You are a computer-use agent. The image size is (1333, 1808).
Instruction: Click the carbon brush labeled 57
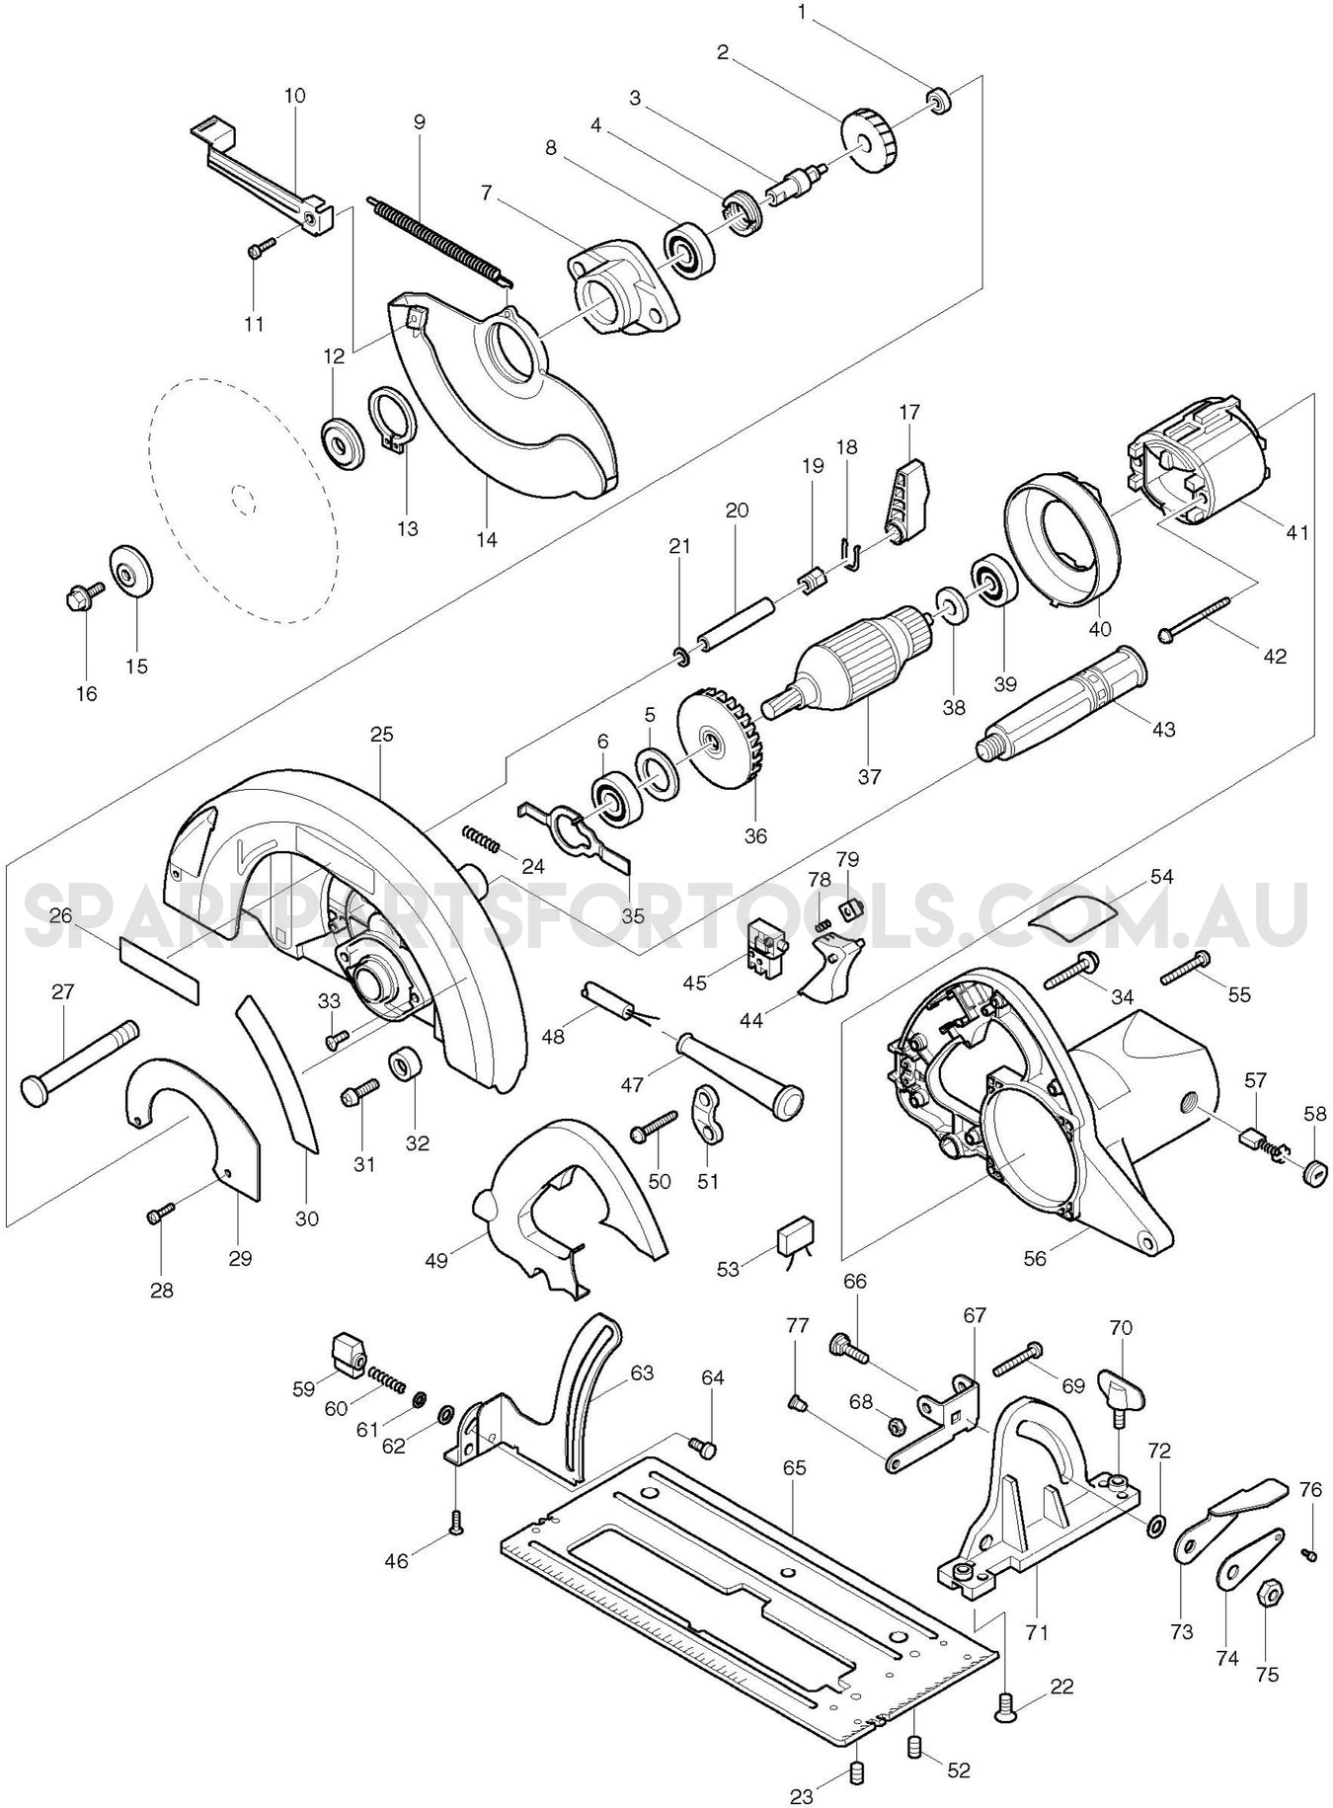click(1252, 1137)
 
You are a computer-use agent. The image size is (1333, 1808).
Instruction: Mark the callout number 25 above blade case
click(382, 735)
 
